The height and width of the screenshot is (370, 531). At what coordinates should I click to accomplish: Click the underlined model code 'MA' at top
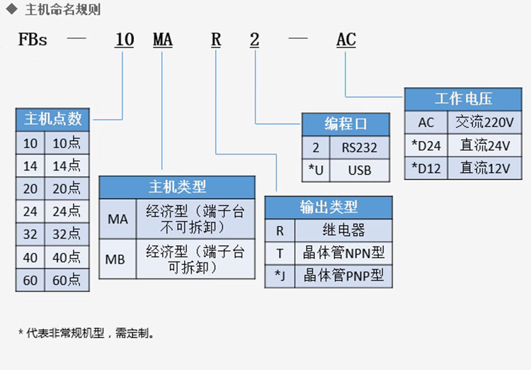[x=163, y=40]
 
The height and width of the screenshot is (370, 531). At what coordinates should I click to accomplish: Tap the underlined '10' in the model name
[x=124, y=40]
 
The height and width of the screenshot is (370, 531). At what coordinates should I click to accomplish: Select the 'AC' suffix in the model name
[x=346, y=40]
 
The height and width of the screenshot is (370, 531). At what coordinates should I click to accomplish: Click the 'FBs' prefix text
[x=33, y=40]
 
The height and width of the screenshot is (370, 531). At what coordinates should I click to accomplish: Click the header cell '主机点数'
[x=53, y=119]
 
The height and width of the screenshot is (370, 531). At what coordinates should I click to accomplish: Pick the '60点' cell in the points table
[x=67, y=280]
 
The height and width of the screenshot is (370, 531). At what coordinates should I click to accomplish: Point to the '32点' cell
[x=67, y=234]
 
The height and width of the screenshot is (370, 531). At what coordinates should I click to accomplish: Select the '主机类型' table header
[x=177, y=187]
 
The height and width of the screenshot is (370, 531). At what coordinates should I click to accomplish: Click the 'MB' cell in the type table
[x=115, y=259]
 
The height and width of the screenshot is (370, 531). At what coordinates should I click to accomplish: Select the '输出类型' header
[x=329, y=207]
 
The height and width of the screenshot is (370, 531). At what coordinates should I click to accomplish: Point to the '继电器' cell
[x=343, y=230]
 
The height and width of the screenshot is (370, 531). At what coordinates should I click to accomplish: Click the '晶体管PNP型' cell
[x=343, y=276]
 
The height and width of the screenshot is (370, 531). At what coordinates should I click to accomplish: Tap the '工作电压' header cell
[x=463, y=99]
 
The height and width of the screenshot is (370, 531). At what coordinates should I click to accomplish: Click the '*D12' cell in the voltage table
[x=426, y=168]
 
